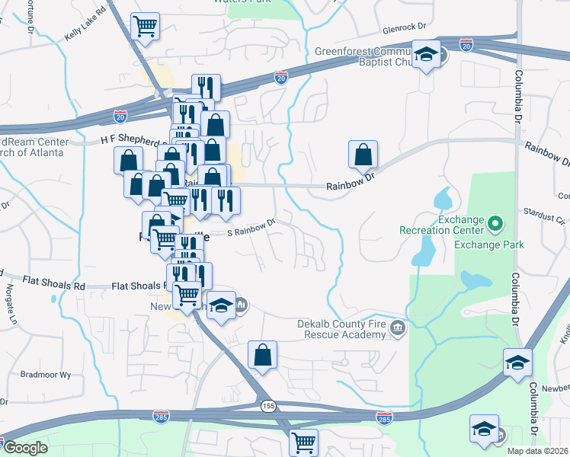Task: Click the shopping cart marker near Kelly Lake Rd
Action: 145,27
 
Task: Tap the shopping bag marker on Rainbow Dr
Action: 363,155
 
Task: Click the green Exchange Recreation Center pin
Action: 495,224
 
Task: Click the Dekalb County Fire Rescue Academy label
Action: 341,329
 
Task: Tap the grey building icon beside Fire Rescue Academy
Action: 397,329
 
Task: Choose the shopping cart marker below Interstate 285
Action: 303,442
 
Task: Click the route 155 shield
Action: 267,405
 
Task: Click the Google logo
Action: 25,448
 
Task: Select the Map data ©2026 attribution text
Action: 539,451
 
